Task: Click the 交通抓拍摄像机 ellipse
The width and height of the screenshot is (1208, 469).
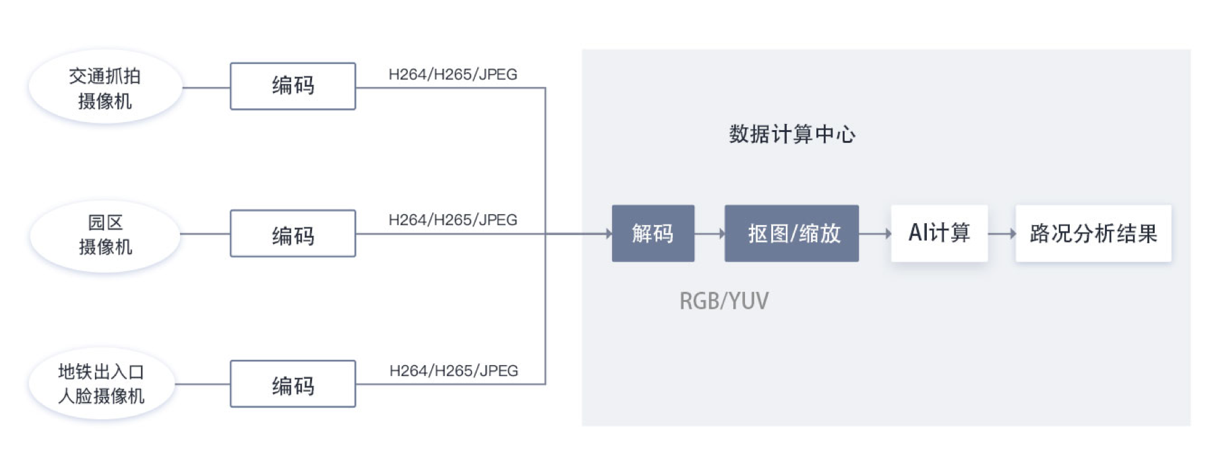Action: pyautogui.click(x=104, y=88)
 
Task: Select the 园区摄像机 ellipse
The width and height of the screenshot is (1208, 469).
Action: pyautogui.click(x=104, y=234)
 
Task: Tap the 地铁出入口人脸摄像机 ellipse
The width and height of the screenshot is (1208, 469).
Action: pyautogui.click(x=101, y=384)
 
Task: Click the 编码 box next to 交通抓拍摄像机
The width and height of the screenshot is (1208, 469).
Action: pyautogui.click(x=293, y=86)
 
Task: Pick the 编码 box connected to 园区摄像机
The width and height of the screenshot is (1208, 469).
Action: pyautogui.click(x=293, y=234)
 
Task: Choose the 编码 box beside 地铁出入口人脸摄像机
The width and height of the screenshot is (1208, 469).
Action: pyautogui.click(x=293, y=384)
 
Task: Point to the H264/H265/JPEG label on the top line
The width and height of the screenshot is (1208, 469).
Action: pyautogui.click(x=453, y=74)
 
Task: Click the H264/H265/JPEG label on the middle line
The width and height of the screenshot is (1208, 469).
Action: pyautogui.click(x=453, y=220)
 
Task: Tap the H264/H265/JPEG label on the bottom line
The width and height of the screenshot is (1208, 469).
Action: pyautogui.click(x=454, y=371)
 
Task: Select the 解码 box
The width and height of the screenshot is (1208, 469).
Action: pyautogui.click(x=653, y=234)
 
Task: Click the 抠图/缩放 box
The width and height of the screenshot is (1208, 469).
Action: pyautogui.click(x=791, y=234)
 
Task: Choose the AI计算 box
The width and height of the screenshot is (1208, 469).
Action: pyautogui.click(x=939, y=233)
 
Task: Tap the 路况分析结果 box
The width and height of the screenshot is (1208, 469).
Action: pyautogui.click(x=1093, y=234)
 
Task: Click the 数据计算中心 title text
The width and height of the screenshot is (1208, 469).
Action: pyautogui.click(x=792, y=134)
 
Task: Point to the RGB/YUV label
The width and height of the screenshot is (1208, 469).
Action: pyautogui.click(x=724, y=301)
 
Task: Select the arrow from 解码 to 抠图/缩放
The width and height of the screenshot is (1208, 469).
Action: pyautogui.click(x=709, y=234)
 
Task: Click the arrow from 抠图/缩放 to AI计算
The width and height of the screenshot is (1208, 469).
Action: pyautogui.click(x=875, y=234)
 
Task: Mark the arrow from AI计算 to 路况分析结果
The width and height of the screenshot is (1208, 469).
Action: pyautogui.click(x=1002, y=234)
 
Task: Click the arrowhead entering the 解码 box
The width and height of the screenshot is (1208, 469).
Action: pyautogui.click(x=608, y=234)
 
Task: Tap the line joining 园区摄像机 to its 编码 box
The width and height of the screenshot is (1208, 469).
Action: pyautogui.click(x=205, y=234)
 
